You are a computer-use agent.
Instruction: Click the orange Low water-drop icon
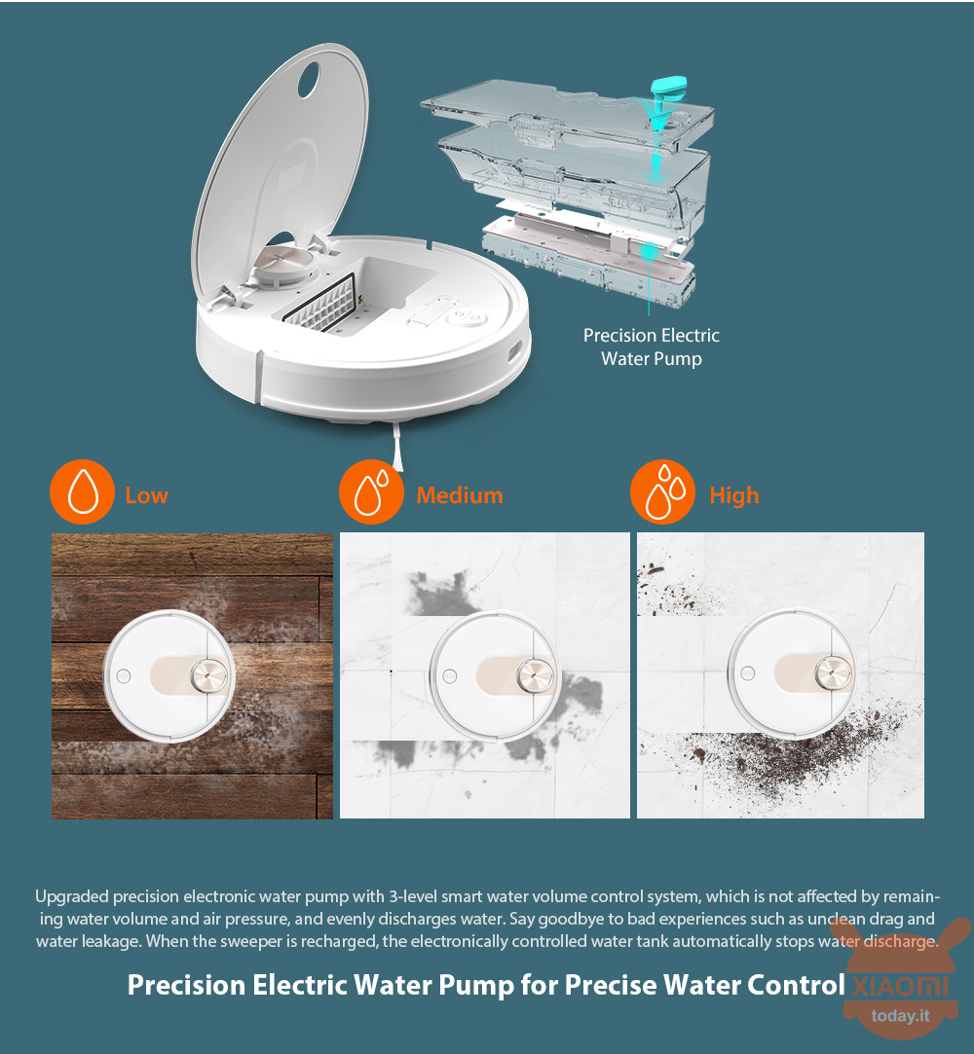pyautogui.click(x=82, y=492)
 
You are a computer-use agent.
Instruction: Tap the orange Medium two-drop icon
pyautogui.click(x=371, y=492)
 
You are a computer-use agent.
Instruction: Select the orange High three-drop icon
pyautogui.click(x=662, y=492)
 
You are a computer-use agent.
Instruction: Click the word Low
pyautogui.click(x=147, y=495)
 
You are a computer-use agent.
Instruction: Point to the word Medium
pyautogui.click(x=460, y=495)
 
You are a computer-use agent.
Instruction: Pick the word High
pyautogui.click(x=733, y=496)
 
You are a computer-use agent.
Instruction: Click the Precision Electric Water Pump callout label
pyautogui.click(x=652, y=346)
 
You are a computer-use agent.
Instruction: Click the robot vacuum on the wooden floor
pyautogui.click(x=169, y=676)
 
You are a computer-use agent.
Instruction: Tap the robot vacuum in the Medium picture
pyautogui.click(x=495, y=676)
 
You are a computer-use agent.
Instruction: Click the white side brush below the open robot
pyautogui.click(x=396, y=447)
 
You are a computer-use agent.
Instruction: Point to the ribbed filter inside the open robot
pyautogui.click(x=320, y=304)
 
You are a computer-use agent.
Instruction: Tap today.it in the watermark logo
pyautogui.click(x=900, y=1015)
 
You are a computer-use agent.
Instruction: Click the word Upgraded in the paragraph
pyautogui.click(x=72, y=896)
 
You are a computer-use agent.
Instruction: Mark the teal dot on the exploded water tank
pyautogui.click(x=649, y=253)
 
